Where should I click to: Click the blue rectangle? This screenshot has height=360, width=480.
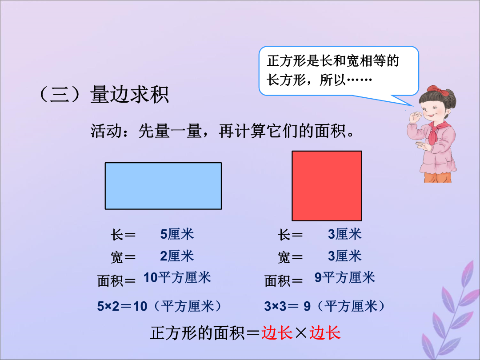click(163, 186)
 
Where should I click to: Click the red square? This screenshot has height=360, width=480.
click(327, 186)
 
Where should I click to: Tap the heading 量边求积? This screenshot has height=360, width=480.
click(129, 94)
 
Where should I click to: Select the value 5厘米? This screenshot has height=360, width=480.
click(177, 234)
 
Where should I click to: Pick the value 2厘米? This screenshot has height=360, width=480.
click(177, 256)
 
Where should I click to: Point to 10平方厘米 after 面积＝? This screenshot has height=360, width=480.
click(177, 277)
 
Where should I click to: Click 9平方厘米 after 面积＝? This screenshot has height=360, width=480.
click(345, 277)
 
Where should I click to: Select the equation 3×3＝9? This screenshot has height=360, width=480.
click(288, 306)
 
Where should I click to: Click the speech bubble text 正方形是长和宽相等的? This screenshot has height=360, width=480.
click(333, 60)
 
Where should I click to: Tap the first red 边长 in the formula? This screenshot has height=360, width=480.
click(277, 333)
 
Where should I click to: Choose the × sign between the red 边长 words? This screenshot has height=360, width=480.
click(301, 333)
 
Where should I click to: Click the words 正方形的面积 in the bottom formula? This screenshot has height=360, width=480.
click(197, 333)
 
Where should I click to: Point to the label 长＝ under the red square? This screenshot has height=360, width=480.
click(290, 235)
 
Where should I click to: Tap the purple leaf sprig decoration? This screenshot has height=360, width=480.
click(452, 312)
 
